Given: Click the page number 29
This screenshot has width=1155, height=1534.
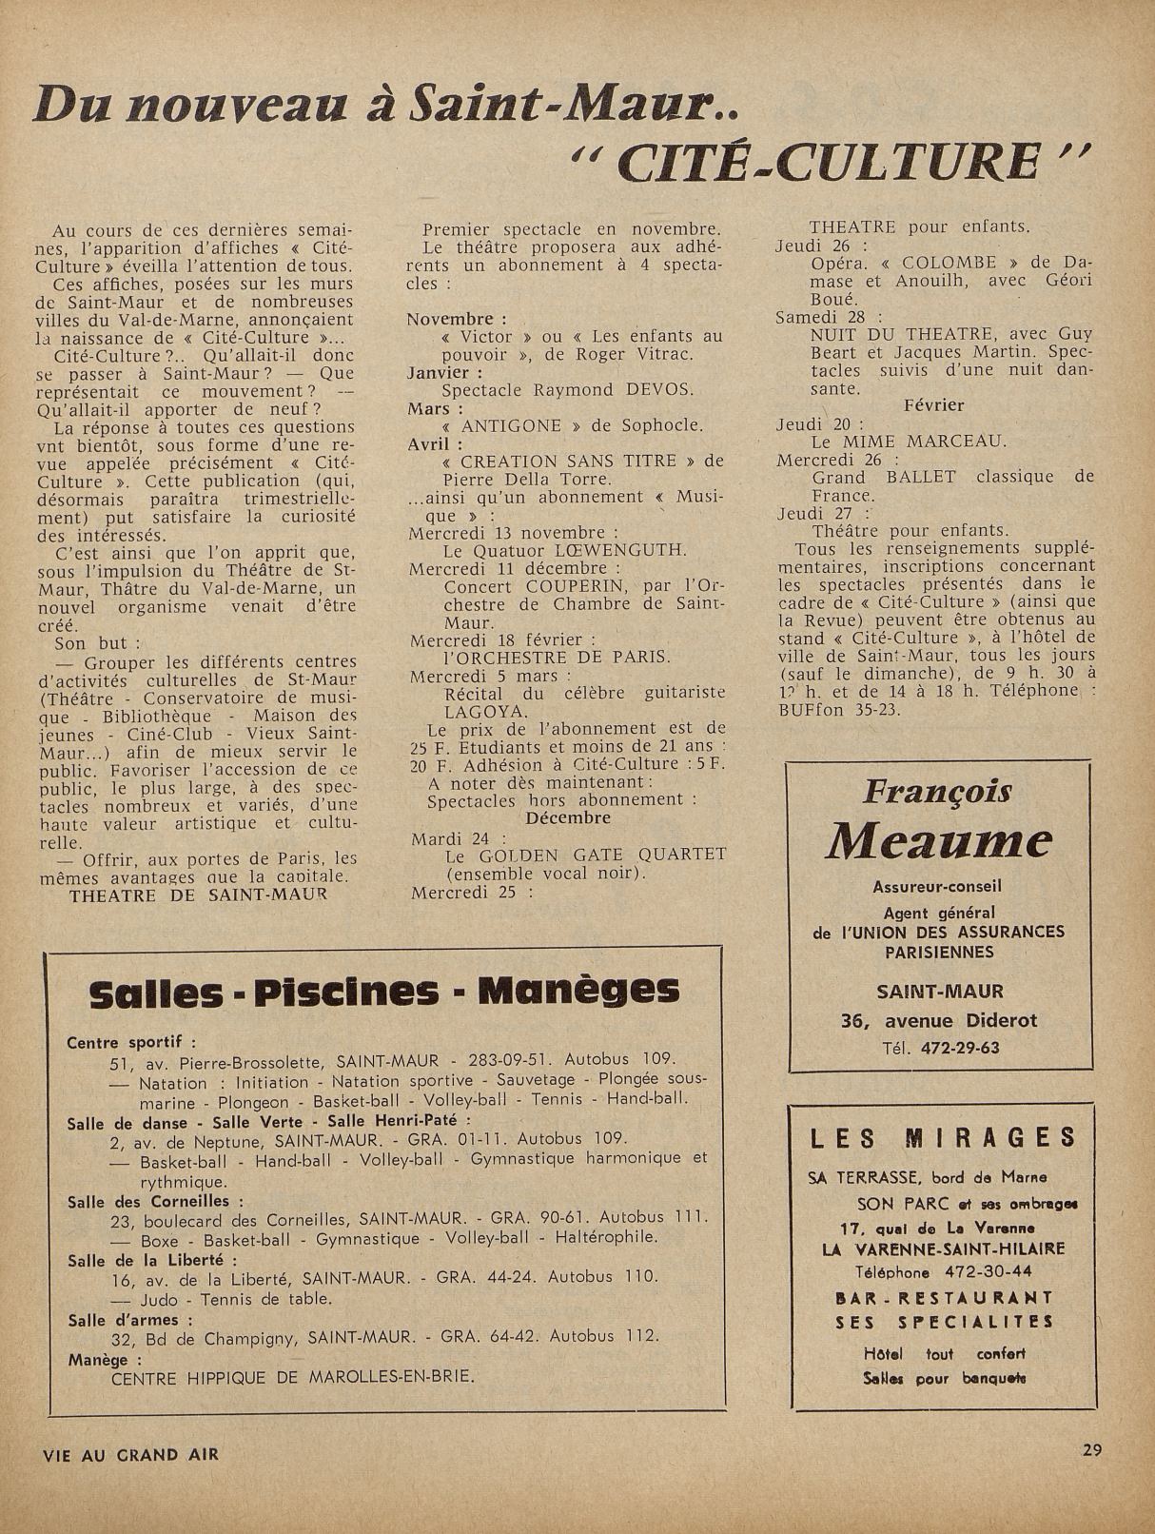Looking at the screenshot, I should (1091, 1450).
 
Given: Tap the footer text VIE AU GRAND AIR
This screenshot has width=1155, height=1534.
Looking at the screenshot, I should (131, 1454).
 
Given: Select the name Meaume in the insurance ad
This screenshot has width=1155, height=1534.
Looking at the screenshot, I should (940, 840).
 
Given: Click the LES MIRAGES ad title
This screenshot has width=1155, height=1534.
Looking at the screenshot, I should (943, 1137).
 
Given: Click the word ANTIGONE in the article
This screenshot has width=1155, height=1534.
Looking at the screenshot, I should (511, 425).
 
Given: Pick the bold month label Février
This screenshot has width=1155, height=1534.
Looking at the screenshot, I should (933, 405).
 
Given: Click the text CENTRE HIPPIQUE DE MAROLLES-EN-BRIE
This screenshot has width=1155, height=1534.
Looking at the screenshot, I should (292, 1376).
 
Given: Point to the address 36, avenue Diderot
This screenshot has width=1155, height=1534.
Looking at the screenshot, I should (938, 1020).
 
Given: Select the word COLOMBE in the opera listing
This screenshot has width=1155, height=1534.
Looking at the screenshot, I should (949, 263).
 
